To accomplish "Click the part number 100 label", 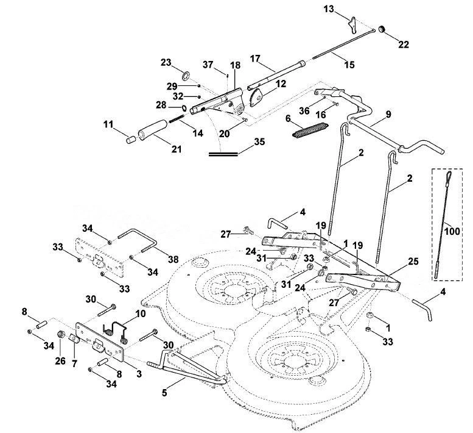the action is tap(452, 232).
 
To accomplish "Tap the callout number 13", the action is tap(329, 9).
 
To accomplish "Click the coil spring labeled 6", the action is tap(310, 130).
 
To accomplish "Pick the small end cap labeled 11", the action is tap(131, 140).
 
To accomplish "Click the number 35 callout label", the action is tap(259, 141).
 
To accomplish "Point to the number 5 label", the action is tap(164, 393).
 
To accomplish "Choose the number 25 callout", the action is tap(413, 261).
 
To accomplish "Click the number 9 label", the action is tap(388, 114).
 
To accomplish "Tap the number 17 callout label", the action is tap(255, 58).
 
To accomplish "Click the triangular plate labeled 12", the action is tap(256, 97).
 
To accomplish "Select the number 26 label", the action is tap(60, 360).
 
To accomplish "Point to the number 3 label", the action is tap(139, 374).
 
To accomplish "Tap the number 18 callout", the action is tap(236, 65).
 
